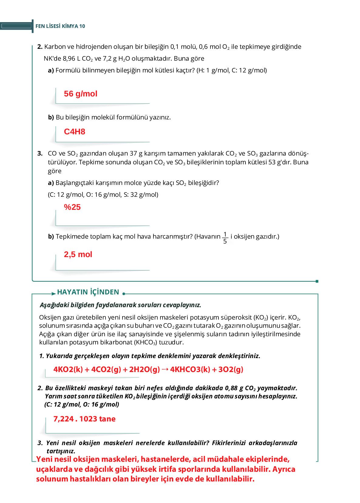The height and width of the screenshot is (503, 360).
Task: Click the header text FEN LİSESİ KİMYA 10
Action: [x=60, y=26]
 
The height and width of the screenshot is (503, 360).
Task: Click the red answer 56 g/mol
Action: [x=80, y=94]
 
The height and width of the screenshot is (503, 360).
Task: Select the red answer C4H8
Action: [x=74, y=132]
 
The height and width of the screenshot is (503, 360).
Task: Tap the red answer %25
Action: [x=72, y=207]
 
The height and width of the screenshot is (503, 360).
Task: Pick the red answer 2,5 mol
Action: [x=78, y=254]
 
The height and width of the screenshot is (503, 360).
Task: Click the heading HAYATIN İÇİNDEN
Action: [x=88, y=292]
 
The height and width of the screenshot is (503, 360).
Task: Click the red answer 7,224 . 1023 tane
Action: [x=84, y=419]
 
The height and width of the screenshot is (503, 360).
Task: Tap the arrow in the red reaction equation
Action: [x=165, y=369]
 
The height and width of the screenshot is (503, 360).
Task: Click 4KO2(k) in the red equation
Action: [x=68, y=369]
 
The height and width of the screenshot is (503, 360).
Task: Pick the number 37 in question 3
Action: [x=133, y=153]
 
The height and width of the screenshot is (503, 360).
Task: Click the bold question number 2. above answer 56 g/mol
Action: [x=40, y=47]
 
